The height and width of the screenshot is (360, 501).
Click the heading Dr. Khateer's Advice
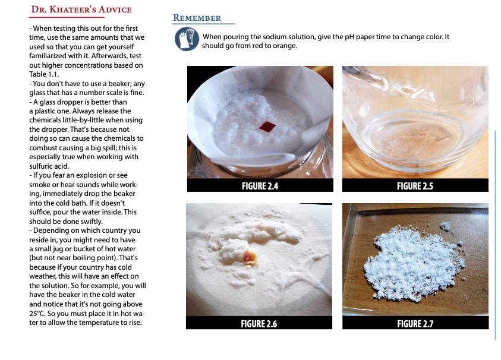81,10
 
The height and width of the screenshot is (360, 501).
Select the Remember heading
197,18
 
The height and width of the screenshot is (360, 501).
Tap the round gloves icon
187,39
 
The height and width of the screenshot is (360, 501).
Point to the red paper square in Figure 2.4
267,127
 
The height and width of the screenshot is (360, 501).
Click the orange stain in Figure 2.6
250,257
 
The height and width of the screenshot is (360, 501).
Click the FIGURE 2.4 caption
260,186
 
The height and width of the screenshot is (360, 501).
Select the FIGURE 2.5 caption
415,186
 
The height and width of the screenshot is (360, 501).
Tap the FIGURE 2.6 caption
259,324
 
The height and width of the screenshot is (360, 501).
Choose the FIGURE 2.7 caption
415,324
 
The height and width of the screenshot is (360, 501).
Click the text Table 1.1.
44,74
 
